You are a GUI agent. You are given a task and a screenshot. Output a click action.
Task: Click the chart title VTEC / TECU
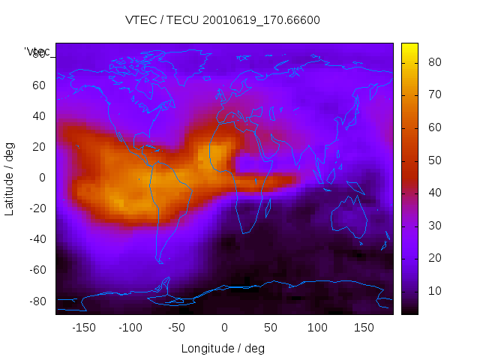coord(223,20)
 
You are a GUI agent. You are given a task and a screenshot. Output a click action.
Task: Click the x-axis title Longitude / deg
coord(223,348)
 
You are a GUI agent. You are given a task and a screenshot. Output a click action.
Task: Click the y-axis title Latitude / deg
coord(10,177)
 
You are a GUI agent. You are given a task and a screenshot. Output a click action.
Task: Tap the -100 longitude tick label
coord(130,327)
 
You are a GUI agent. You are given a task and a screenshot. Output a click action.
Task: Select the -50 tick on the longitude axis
coord(177,327)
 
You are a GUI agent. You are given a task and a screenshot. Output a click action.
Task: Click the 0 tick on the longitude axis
coord(224,327)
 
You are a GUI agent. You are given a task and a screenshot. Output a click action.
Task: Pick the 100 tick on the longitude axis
coord(318,327)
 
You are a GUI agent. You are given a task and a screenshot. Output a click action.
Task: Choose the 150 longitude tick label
coord(364,327)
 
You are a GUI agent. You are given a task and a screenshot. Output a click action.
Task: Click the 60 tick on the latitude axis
coord(39,85)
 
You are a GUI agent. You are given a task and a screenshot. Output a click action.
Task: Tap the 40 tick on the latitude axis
coord(39,115)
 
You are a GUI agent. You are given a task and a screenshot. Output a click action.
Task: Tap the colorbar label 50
coord(433,160)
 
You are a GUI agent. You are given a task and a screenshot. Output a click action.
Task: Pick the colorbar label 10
coord(433,291)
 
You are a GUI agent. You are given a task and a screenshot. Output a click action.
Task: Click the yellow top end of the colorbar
coord(409,47)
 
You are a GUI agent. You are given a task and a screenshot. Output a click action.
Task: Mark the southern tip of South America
coord(160,261)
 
